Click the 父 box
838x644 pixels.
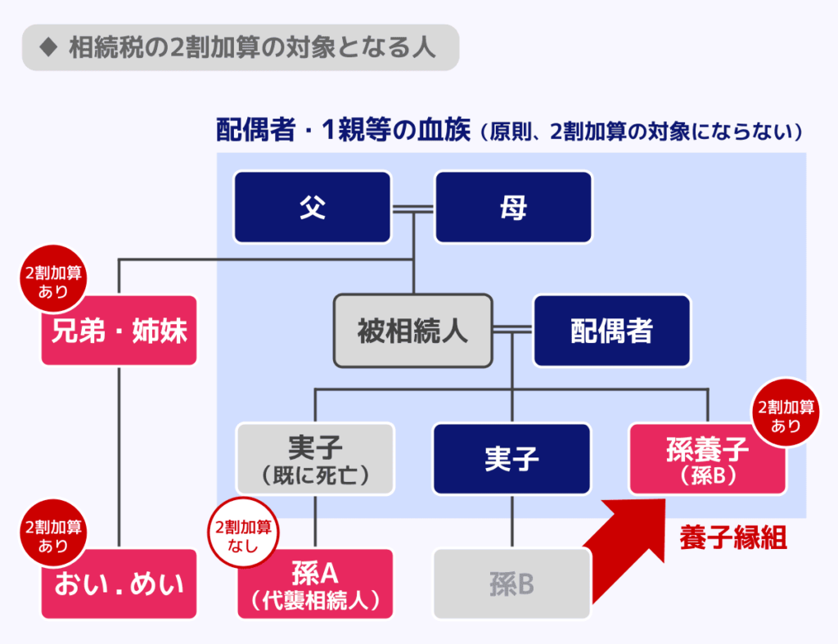(312, 207)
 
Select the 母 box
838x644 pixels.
(513, 207)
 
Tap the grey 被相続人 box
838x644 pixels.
(413, 331)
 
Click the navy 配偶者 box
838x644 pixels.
(612, 331)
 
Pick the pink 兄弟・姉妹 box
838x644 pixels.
(119, 331)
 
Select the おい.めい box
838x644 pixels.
(119, 583)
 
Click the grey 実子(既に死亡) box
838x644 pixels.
(316, 458)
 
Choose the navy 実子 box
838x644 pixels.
(511, 458)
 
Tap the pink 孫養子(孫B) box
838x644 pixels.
(708, 458)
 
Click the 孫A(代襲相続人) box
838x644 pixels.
(316, 583)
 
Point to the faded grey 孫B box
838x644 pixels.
(511, 583)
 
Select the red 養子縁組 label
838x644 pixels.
(733, 538)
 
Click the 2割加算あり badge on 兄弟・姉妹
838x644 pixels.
(53, 280)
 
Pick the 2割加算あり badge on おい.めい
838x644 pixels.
(53, 534)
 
